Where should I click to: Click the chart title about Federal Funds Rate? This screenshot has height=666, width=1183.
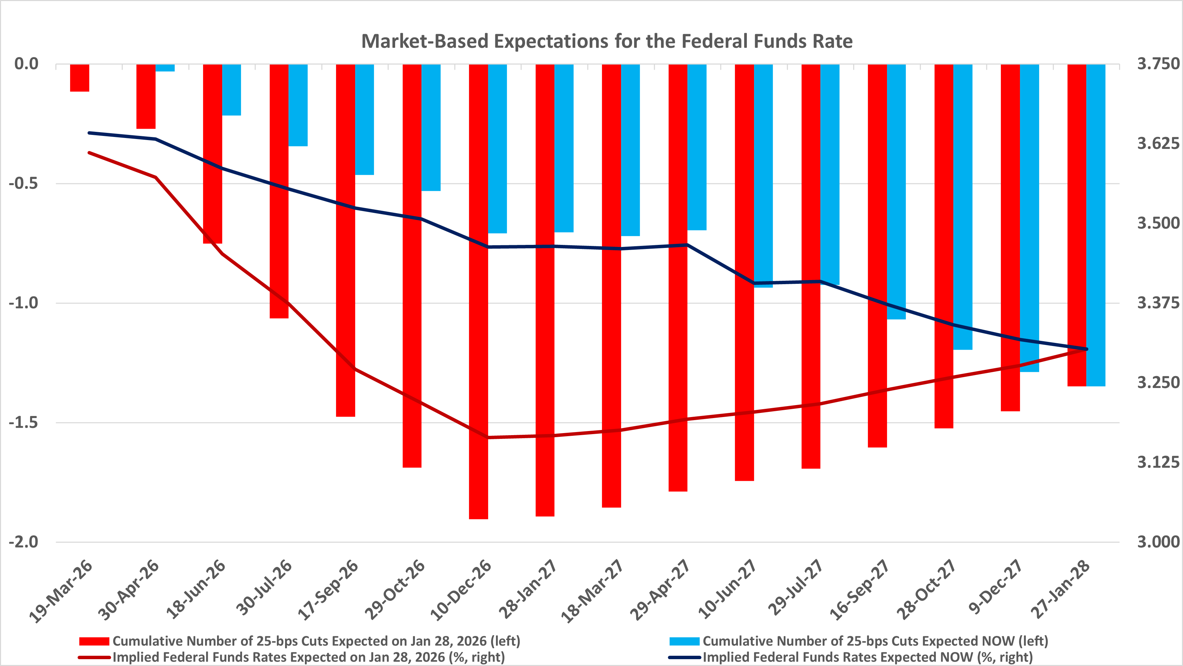(607, 41)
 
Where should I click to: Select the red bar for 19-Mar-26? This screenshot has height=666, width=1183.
(79, 78)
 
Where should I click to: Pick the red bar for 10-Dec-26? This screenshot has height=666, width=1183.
(479, 291)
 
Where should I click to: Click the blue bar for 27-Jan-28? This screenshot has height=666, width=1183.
(1096, 225)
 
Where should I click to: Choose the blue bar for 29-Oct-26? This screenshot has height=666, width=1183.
(431, 128)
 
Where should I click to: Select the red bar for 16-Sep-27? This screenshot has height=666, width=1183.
(877, 256)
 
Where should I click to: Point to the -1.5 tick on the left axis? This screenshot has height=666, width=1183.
(24, 422)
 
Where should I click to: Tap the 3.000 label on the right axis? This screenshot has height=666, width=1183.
(1158, 542)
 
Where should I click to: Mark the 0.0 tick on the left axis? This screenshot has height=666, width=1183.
(26, 64)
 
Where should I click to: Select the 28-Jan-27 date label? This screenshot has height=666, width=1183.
(528, 589)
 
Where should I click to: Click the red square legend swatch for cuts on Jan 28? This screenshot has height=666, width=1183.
(94, 641)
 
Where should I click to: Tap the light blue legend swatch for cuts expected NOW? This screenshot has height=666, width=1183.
(684, 641)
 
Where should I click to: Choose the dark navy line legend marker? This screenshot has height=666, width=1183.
(684, 657)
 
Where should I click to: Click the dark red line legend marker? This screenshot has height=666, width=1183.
(94, 657)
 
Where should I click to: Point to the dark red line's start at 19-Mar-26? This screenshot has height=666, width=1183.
(89, 152)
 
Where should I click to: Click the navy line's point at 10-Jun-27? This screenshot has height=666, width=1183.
(754, 283)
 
